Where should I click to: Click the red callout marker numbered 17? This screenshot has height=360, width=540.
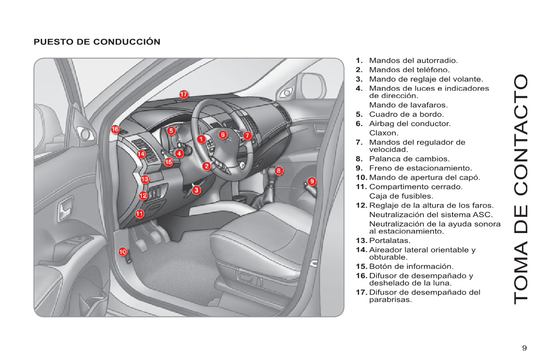[x=184, y=94]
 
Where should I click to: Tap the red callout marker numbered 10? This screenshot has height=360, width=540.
[x=123, y=251]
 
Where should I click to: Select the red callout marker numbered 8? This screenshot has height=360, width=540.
[x=279, y=170]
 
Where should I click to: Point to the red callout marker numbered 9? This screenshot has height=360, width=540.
[x=311, y=181]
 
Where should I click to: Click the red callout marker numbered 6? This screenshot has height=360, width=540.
[x=222, y=134]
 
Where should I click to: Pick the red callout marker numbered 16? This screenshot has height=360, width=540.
[x=115, y=130]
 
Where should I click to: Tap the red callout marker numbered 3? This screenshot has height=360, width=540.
[x=196, y=190]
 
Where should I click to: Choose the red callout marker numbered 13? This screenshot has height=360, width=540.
[x=145, y=179]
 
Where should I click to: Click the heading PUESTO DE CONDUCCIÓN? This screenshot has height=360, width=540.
[x=97, y=42]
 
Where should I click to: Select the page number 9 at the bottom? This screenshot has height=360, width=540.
[x=524, y=348]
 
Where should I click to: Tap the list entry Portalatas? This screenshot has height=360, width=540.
[x=390, y=240]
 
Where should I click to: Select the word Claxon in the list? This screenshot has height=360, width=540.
[x=384, y=133]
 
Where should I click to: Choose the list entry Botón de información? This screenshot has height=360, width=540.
[x=411, y=267]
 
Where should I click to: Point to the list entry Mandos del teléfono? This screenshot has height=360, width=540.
[x=409, y=70]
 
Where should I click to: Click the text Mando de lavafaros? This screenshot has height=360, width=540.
[x=402, y=105]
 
